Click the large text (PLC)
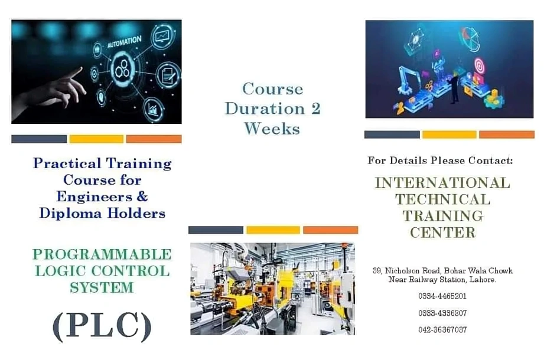tap(102, 325)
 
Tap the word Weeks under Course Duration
tap(272, 128)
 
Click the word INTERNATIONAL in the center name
tap(442, 183)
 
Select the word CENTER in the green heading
tap(442, 233)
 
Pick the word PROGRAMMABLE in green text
tap(102, 254)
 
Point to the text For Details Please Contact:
tap(440, 161)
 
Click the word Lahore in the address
tap(482, 279)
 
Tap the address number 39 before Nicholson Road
tap(376, 270)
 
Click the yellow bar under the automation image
tap(96, 139)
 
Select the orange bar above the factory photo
tap(330, 230)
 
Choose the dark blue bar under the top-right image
tap(392, 135)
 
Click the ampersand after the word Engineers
tap(142, 196)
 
